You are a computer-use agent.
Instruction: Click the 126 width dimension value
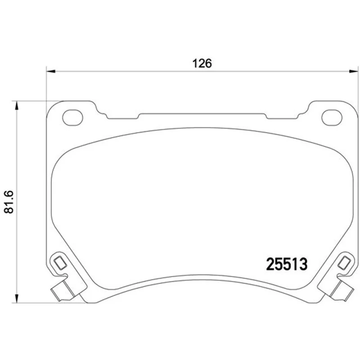coord(202,63)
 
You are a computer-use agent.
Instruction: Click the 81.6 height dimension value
coord(9,202)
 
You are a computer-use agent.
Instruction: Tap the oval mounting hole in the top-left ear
coord(72,117)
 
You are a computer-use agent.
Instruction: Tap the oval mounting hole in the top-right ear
coord(332,117)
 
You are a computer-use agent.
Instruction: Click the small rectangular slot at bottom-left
coord(60,263)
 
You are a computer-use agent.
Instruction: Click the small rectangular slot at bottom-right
coord(344,263)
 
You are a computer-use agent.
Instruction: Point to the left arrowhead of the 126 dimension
coord(51,72)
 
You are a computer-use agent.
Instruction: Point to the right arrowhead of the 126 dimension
coord(354,72)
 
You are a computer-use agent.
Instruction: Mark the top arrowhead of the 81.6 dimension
coord(16,106)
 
